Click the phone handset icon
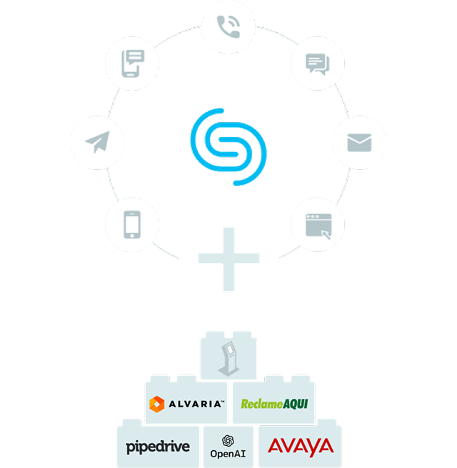pos(228,26)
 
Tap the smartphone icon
pos(131,225)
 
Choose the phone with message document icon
pos(131,63)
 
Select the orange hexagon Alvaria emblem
pos(157,405)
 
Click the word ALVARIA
pos(196,405)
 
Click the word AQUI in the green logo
pos(295,404)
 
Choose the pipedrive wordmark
pos(158,447)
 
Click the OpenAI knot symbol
pos(228,440)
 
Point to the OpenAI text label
pos(228,454)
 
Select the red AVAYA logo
pos(300,447)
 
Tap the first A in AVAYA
pos(276,447)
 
